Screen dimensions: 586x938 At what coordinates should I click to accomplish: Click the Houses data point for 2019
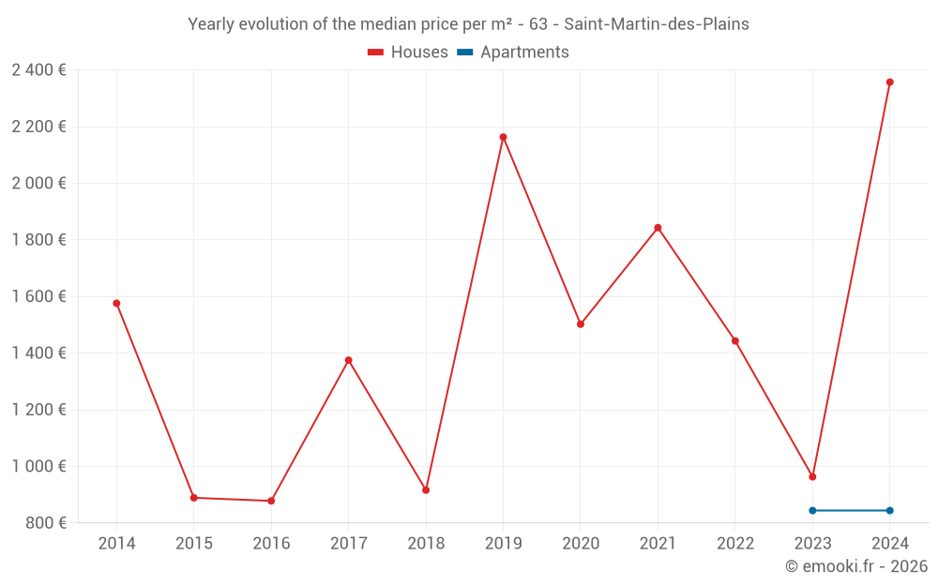point(503,137)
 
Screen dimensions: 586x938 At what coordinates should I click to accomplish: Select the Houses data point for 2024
point(889,83)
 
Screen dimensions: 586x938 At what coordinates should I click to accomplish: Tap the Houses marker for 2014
point(116,303)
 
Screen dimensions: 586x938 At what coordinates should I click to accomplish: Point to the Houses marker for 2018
point(426,490)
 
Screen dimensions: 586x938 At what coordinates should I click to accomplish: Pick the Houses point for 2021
point(658,228)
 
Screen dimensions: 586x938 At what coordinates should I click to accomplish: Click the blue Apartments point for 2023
point(812,510)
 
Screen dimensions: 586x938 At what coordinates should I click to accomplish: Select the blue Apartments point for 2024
point(889,510)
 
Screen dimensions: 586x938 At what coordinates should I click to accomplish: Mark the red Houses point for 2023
point(812,476)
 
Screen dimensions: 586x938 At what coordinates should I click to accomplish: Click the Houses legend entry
point(408,53)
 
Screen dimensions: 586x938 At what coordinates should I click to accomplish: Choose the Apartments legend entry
point(513,53)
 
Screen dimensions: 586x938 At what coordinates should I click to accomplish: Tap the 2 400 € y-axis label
point(38,69)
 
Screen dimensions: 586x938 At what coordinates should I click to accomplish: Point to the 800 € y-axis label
point(46,522)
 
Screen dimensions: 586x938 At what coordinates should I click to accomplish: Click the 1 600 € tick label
point(38,296)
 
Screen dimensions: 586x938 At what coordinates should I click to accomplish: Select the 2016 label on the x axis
point(271,544)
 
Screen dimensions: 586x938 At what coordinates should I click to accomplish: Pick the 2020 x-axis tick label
point(580,544)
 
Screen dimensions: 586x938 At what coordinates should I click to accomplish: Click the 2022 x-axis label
point(734,544)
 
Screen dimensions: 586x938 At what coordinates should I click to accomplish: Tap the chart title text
point(468,24)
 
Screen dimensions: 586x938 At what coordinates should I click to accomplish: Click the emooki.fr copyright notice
point(856,566)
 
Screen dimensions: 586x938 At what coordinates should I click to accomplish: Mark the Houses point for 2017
point(348,360)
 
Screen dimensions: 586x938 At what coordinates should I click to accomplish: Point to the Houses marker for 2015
point(193,498)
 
